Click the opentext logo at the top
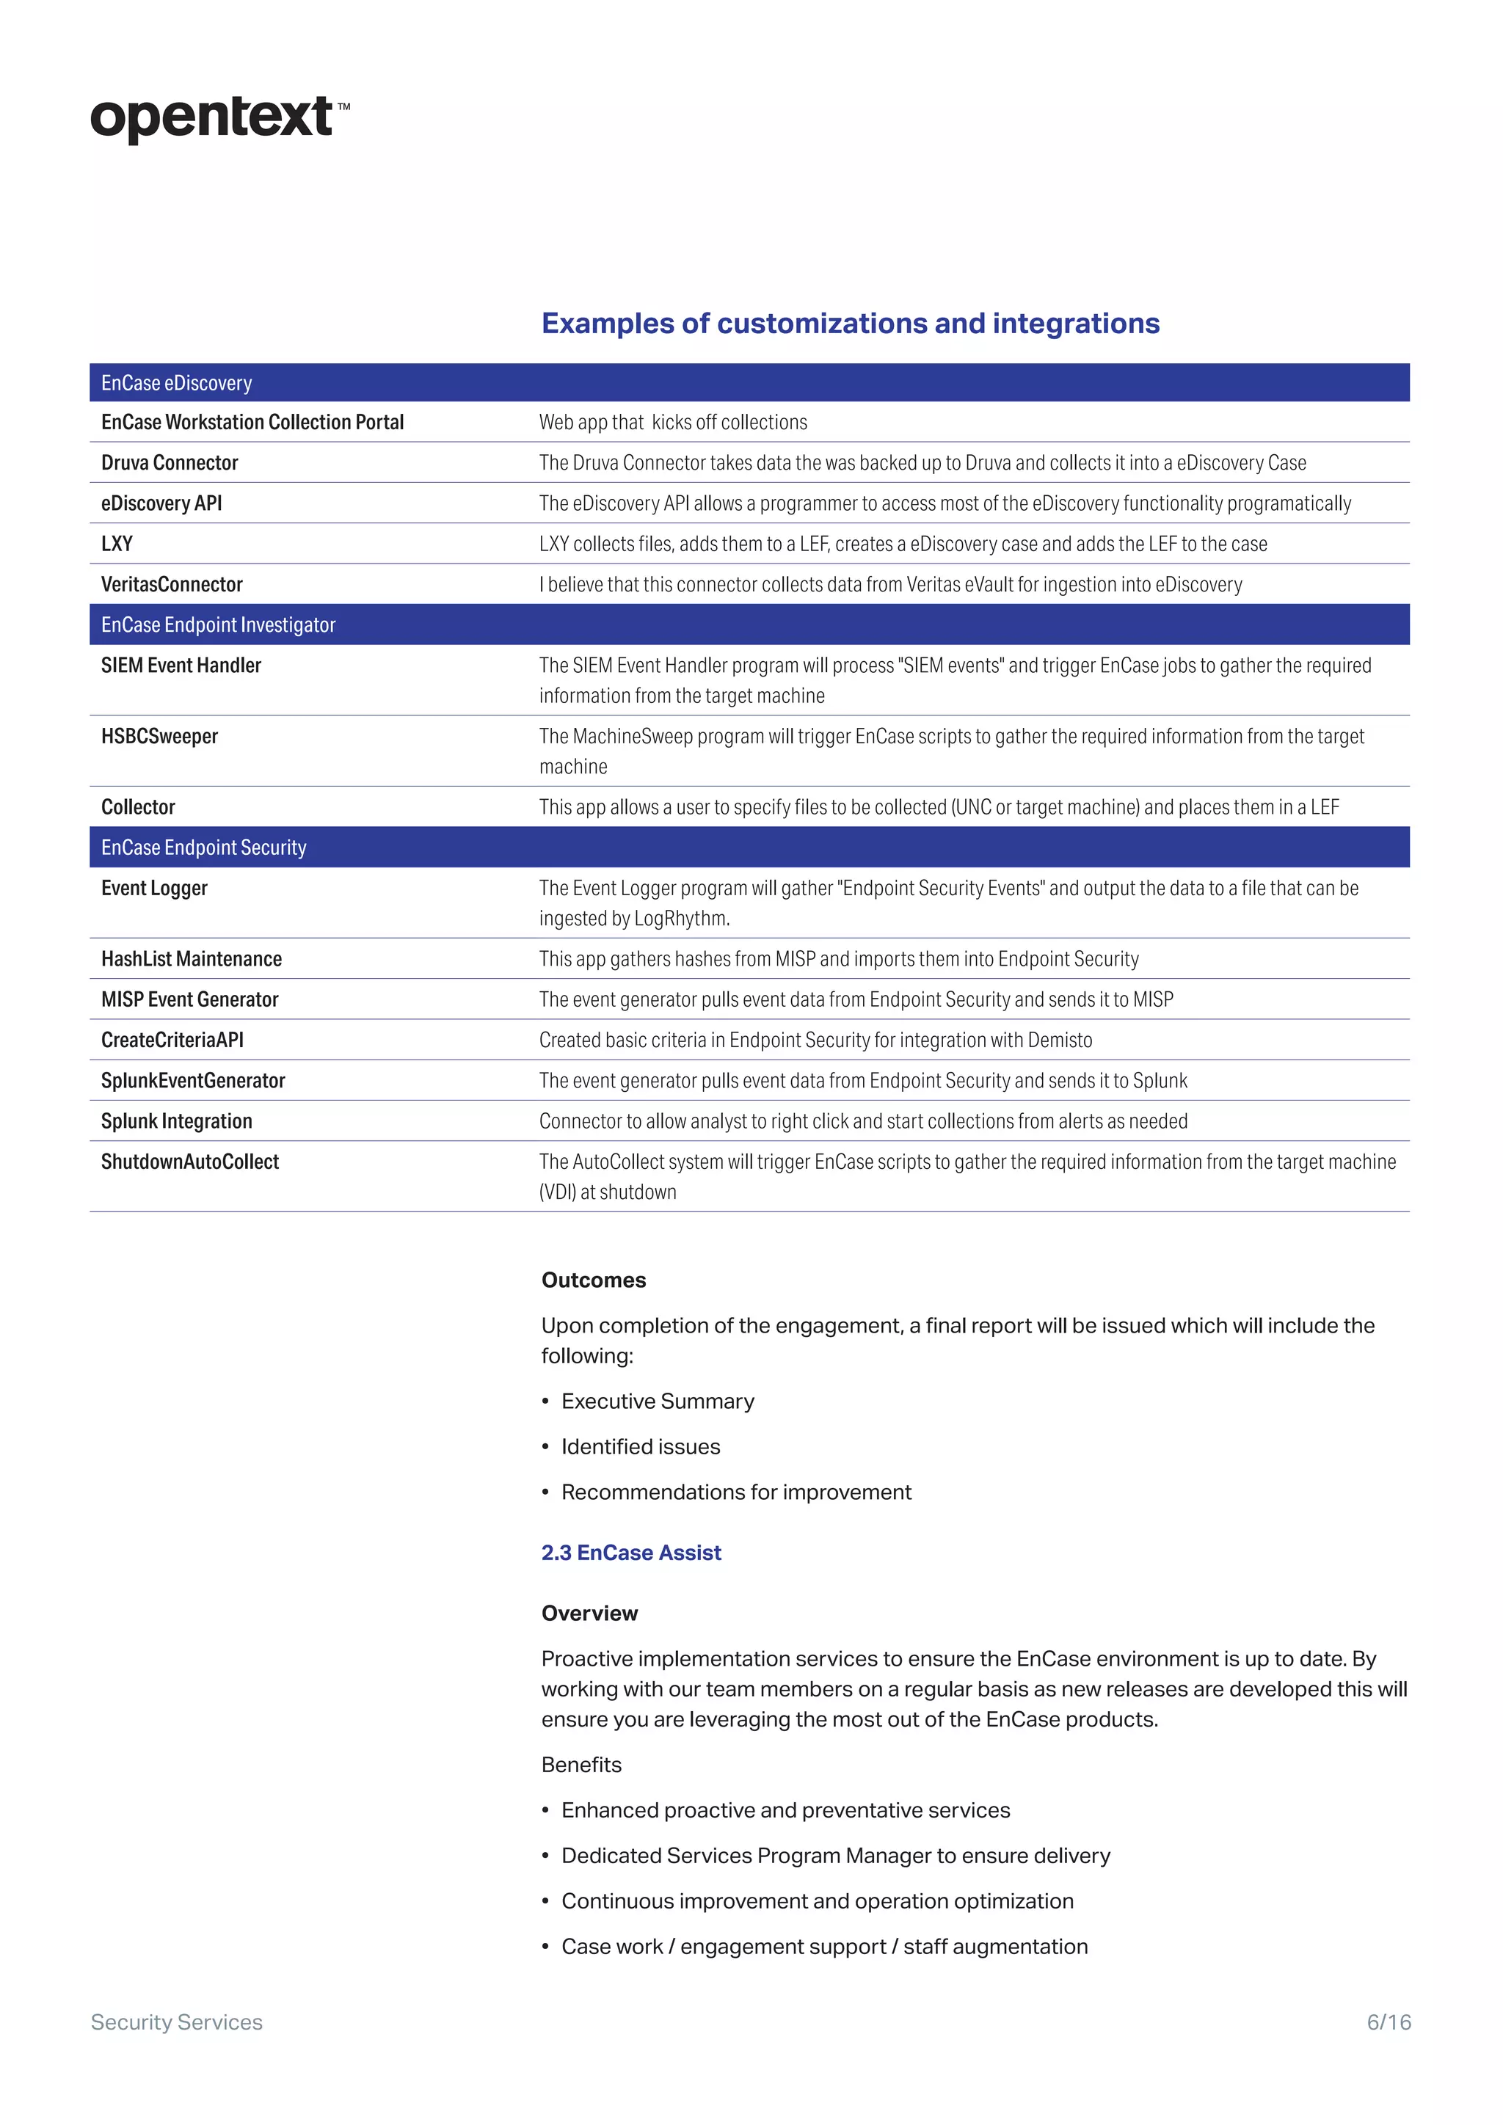[x=219, y=118]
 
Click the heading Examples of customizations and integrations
[x=850, y=323]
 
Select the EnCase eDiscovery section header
[x=176, y=383]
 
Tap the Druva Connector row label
[x=170, y=463]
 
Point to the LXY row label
[x=117, y=544]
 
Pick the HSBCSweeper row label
[x=159, y=737]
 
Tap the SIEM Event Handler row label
[x=181, y=666]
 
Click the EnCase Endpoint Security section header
[x=203, y=848]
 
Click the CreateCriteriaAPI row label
[x=172, y=1040]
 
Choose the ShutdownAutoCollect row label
[x=190, y=1162]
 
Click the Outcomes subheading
[x=593, y=1280]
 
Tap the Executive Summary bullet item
[x=657, y=1402]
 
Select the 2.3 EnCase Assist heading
[x=630, y=1553]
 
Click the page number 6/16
[x=1389, y=2022]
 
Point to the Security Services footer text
[x=177, y=2022]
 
